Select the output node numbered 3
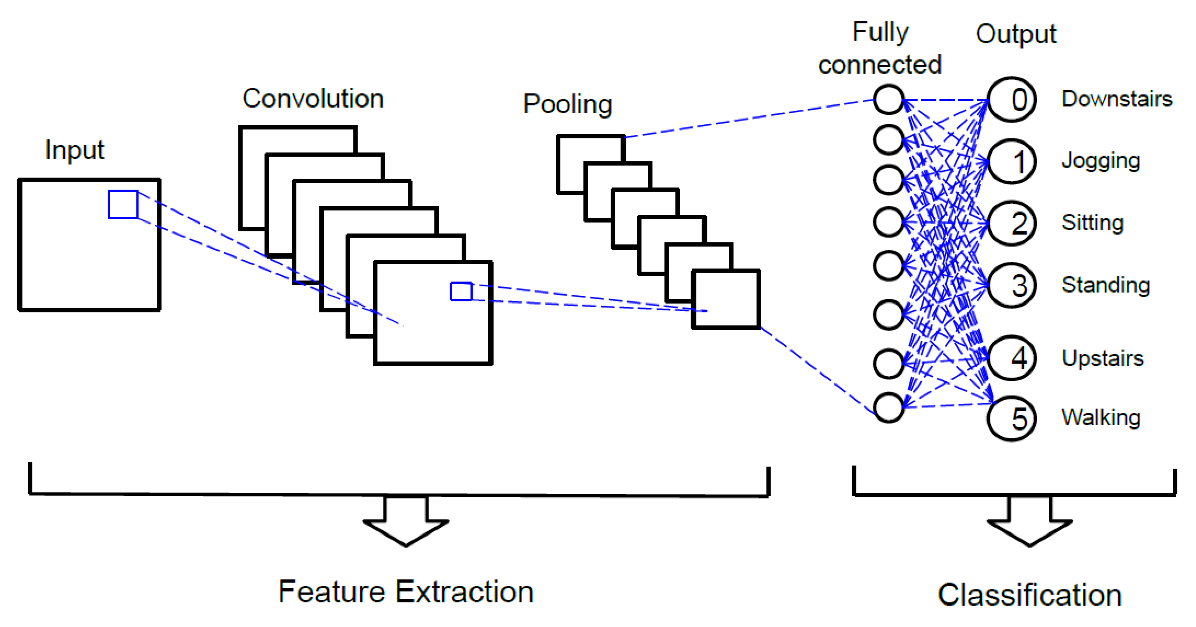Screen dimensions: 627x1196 pos(1011,285)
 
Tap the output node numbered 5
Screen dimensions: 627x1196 pos(1011,419)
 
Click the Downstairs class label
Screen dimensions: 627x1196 pos(1117,99)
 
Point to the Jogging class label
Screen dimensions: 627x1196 pos(1101,161)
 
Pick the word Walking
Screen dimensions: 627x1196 pos(1101,417)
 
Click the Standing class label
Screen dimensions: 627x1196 pos(1105,285)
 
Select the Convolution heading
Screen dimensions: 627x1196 pos(313,98)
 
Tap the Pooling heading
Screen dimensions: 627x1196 pos(567,104)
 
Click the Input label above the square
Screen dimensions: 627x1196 pos(74,150)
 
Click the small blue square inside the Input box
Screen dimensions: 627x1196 pos(123,204)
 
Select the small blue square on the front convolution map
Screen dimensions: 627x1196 pos(461,292)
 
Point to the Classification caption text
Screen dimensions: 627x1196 pos(1030,595)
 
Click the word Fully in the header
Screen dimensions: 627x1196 pos(880,32)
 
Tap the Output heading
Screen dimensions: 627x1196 pos(1016,34)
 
